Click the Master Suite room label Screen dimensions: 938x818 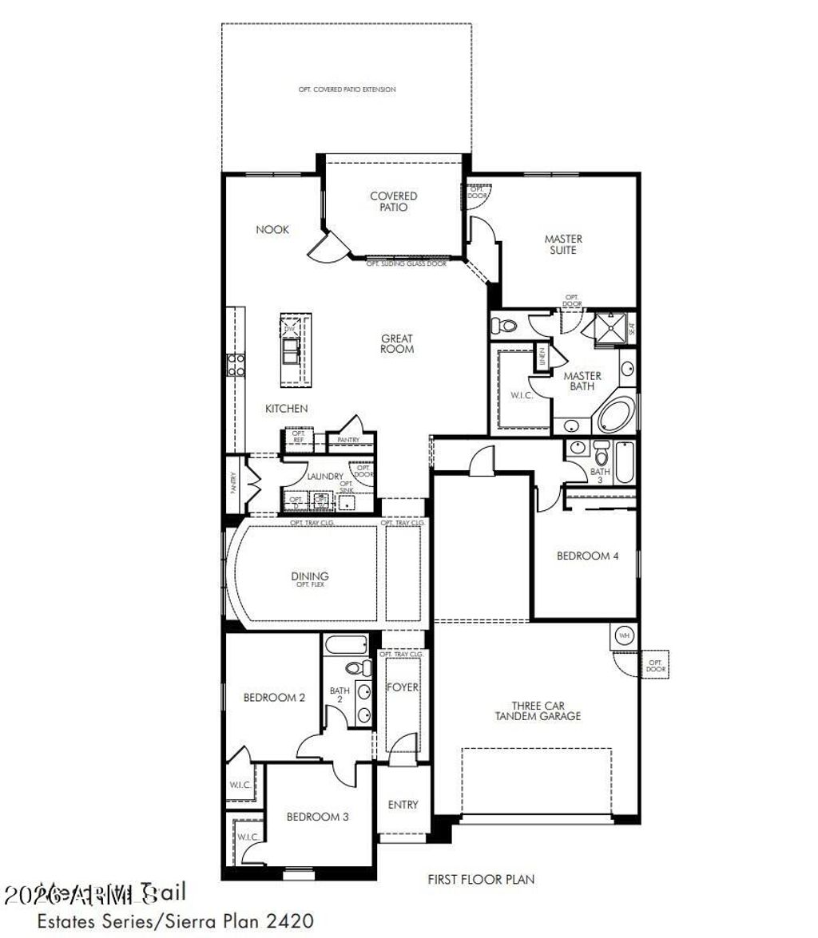coord(563,244)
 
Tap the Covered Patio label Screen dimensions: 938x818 coord(393,201)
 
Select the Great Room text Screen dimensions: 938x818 coord(397,344)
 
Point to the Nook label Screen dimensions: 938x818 coord(272,230)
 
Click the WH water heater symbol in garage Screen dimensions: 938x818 coord(624,636)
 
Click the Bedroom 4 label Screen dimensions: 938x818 coord(587,556)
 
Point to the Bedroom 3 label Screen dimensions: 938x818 coord(317,817)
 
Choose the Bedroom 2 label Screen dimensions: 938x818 coord(274,697)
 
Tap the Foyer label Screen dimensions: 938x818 coord(403,687)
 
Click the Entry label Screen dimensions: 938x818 coord(403,805)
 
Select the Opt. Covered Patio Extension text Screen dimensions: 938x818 coord(347,89)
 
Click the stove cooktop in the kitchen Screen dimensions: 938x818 coord(236,365)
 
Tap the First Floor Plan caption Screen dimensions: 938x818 coord(481,880)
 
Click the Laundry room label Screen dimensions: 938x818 coord(325,477)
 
